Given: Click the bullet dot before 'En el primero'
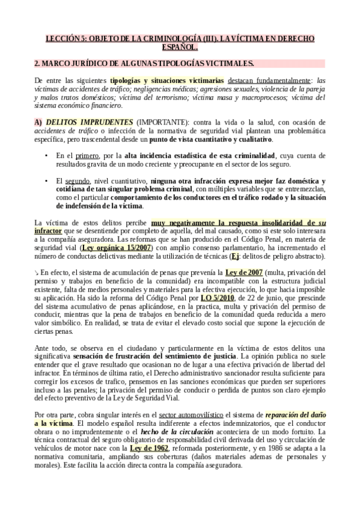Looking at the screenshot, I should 47,156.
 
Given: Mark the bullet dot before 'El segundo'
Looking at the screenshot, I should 47,181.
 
